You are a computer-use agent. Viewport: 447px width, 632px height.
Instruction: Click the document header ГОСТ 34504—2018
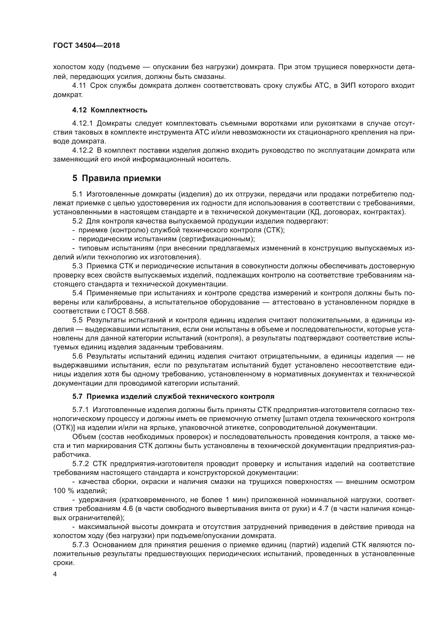(86, 46)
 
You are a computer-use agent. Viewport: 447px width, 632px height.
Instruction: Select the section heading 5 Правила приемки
(117, 178)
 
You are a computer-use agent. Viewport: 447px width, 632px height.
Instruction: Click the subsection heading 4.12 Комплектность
(110, 110)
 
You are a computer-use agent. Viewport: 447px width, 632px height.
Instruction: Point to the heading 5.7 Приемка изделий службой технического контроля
(174, 396)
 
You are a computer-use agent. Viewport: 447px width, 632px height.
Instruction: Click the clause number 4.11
(79, 86)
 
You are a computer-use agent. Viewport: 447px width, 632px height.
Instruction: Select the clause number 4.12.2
(83, 150)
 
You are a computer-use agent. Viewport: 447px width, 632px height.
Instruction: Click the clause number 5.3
(77, 266)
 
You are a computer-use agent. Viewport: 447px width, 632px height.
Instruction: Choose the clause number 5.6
(77, 356)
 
